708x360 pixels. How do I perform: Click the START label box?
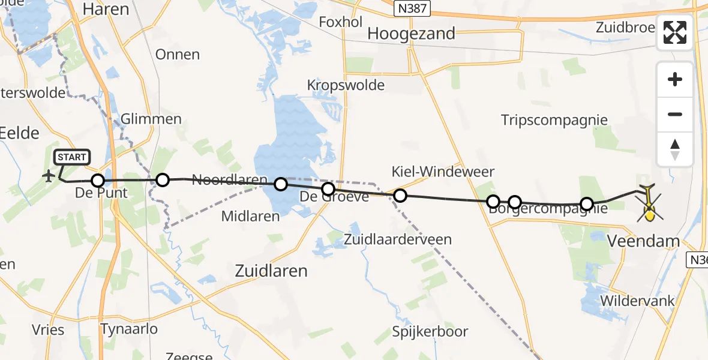tap(72, 158)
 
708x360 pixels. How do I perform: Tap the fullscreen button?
tap(675, 32)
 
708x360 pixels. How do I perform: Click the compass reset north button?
tap(675, 149)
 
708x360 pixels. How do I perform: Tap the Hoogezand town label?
tap(411, 34)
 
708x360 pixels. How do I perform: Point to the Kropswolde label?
tap(346, 85)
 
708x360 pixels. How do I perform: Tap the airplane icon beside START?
tap(48, 176)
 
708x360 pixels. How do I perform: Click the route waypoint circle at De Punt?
tap(98, 181)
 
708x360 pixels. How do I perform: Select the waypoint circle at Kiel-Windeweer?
tap(400, 196)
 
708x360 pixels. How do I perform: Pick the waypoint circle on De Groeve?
tap(328, 190)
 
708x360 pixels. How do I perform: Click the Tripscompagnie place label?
tap(554, 120)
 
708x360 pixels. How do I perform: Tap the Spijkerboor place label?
tap(430, 332)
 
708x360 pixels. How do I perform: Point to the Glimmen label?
tap(151, 119)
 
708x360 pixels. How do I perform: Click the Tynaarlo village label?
tap(129, 329)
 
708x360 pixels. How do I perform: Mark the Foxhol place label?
tap(341, 22)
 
